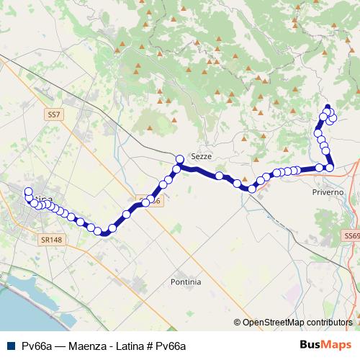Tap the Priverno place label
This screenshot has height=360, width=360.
pyautogui.click(x=328, y=193)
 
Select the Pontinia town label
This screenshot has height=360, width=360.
pyautogui.click(x=186, y=282)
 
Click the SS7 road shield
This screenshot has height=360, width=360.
pyautogui.click(x=55, y=114)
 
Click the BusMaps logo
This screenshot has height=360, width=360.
pyautogui.click(x=325, y=346)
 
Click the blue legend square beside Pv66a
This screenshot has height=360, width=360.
pyautogui.click(x=9, y=346)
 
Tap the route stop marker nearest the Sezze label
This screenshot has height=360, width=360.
pyautogui.click(x=180, y=159)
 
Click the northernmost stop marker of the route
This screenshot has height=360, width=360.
pyautogui.click(x=328, y=109)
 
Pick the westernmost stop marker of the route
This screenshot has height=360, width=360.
pyautogui.click(x=28, y=192)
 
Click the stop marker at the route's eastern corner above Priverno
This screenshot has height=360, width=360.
pyautogui.click(x=330, y=168)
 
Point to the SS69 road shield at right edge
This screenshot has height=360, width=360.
pyautogui.click(x=351, y=235)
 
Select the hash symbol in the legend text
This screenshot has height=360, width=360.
pyautogui.click(x=150, y=346)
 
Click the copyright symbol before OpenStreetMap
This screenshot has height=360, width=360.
pyautogui.click(x=238, y=323)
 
